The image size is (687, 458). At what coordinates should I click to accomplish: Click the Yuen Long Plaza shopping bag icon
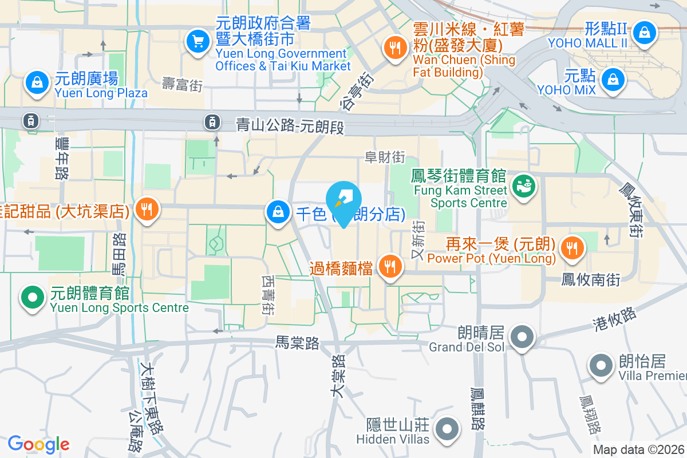tap(37, 82)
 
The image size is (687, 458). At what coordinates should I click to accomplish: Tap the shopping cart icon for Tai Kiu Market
tap(198, 41)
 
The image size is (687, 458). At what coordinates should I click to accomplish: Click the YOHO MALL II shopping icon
tap(645, 31)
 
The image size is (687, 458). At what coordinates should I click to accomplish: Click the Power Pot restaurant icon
tap(571, 248)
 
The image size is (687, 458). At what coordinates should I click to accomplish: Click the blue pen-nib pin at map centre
tap(343, 202)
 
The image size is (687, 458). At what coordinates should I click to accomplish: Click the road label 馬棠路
tap(297, 342)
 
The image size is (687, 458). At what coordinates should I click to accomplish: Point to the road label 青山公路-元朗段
tap(290, 125)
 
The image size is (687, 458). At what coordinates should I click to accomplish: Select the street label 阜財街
tap(385, 156)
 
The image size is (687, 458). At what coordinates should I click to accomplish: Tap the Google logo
tap(38, 444)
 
